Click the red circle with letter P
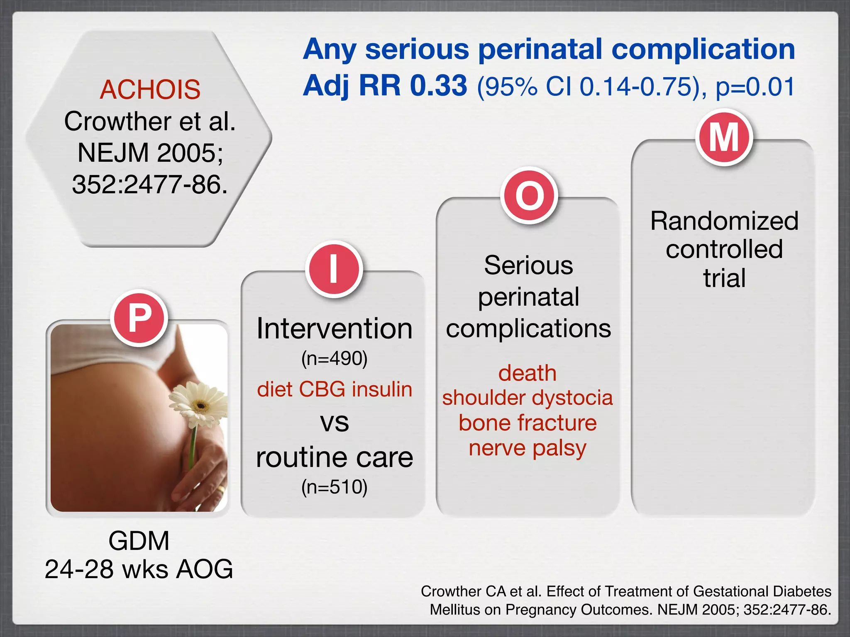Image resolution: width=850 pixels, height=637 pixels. click(x=139, y=318)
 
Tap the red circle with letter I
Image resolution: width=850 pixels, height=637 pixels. click(x=334, y=269)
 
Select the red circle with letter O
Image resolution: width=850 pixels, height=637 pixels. click(x=529, y=195)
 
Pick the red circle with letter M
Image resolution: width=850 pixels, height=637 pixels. click(x=724, y=138)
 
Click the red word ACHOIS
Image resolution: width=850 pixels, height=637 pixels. click(x=150, y=90)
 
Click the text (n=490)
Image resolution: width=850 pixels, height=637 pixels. click(x=335, y=358)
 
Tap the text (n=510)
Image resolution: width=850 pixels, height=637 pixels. click(x=335, y=487)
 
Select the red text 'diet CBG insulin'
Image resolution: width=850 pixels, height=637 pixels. click(x=335, y=389)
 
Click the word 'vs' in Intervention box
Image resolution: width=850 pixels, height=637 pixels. click(x=335, y=423)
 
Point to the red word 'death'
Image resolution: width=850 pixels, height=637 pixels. click(x=528, y=373)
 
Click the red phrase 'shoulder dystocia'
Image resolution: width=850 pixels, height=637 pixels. click(x=528, y=398)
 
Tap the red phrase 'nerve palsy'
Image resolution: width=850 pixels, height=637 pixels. click(x=528, y=448)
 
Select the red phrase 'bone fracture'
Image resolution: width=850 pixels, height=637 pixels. click(x=528, y=423)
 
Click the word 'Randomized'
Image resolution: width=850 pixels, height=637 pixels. click(x=724, y=221)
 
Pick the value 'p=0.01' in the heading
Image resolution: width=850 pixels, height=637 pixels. click(x=755, y=87)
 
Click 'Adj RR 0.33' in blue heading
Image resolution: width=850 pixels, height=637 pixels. click(x=385, y=86)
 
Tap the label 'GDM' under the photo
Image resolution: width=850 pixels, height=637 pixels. click(x=139, y=541)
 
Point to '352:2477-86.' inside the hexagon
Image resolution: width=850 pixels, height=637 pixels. click(x=150, y=185)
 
